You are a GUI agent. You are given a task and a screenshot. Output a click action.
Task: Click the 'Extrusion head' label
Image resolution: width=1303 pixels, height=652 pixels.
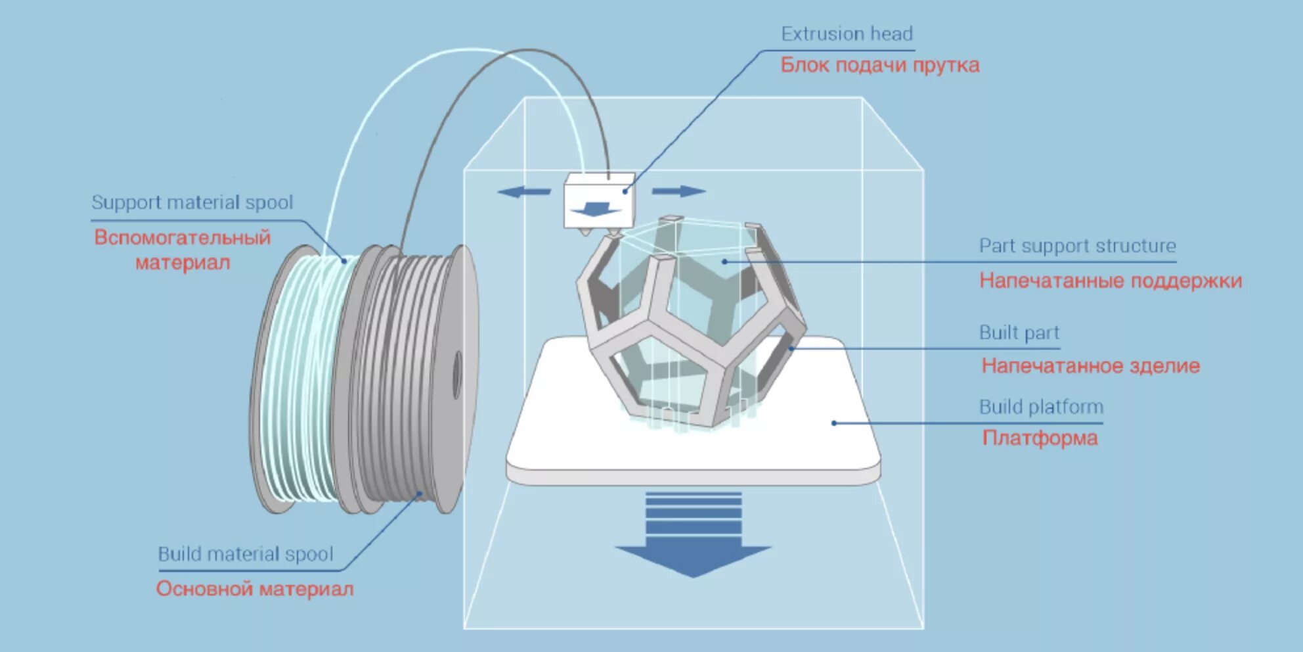pos(847,34)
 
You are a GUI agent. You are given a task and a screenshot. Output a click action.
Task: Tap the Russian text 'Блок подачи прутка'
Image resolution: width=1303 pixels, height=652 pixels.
pos(879,65)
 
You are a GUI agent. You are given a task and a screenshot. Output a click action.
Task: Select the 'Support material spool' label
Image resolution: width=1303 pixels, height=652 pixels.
pos(192,202)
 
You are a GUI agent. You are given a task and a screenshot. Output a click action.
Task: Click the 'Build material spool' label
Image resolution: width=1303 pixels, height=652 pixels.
pos(246,554)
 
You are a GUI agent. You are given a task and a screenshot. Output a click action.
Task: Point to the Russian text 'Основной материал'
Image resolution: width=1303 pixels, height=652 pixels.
pos(255,588)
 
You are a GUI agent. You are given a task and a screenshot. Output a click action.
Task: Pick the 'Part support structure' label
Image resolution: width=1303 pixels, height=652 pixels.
pos(1077,246)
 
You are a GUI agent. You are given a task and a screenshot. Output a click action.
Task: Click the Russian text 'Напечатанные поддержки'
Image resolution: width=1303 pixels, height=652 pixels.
pos(1111,281)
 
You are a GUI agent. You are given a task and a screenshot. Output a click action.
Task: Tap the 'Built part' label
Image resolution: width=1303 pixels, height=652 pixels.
pos(1019,333)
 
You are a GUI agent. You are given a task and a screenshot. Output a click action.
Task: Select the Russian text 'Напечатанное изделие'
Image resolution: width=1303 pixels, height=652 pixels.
pos(1090,366)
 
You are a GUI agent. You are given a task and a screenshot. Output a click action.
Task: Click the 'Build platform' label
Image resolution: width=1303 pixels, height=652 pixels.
pos(1041,407)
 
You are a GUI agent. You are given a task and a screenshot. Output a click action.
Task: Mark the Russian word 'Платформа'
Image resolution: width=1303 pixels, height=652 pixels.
pos(1040,438)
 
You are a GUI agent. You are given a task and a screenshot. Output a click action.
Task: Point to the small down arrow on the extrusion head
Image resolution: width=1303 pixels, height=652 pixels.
pos(594,210)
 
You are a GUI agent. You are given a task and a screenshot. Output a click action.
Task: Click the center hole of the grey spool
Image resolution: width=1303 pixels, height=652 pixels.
pos(457,374)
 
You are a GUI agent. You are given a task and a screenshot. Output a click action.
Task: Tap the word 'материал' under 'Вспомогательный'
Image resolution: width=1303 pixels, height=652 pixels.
pos(183,263)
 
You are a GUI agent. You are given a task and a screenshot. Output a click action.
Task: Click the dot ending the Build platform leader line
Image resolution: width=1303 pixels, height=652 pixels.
pos(834,423)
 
